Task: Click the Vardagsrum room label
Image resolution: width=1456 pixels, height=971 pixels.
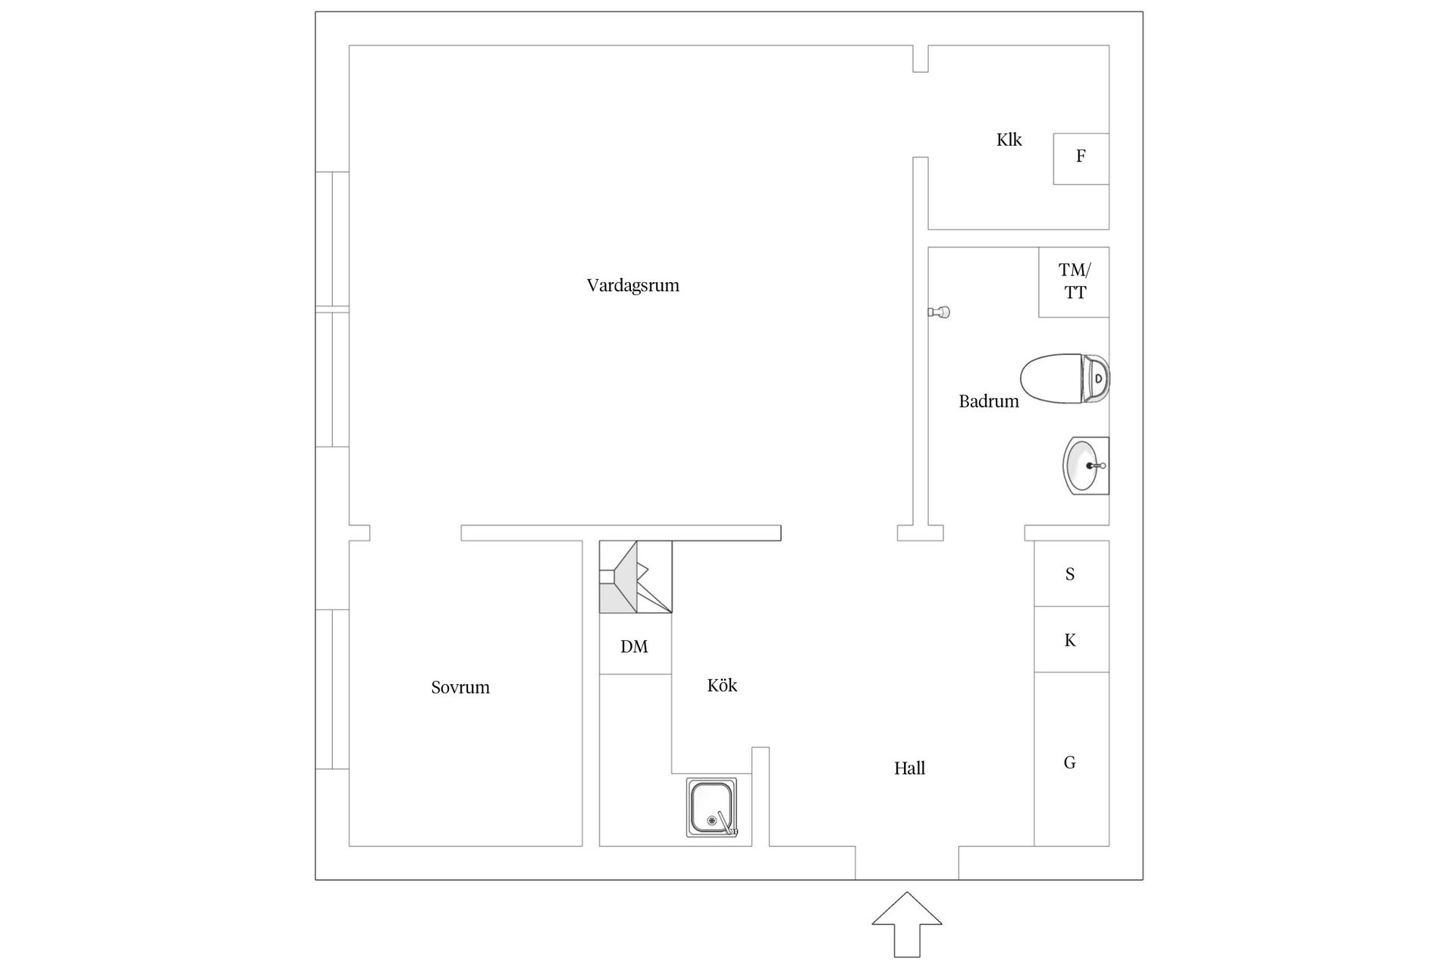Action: [632, 286]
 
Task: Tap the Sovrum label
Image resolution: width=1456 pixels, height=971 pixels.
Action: [460, 687]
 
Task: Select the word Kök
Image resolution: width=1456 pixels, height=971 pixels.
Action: [722, 686]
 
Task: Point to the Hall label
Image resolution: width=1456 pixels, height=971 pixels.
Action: [909, 768]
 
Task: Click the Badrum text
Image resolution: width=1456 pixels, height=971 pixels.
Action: [988, 401]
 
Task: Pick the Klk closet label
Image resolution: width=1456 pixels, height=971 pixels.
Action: [1009, 140]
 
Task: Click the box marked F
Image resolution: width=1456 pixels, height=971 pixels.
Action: [1081, 159]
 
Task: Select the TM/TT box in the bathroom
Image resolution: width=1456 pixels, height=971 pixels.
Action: [1074, 281]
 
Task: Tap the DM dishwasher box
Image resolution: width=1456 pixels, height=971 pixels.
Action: [635, 646]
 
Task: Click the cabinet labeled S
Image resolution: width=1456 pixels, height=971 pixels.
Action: [1071, 573]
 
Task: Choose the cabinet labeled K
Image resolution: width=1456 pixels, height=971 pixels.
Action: [1071, 639]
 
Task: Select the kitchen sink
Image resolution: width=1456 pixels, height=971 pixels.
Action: [711, 808]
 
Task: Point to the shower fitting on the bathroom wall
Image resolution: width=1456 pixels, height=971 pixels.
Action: [940, 312]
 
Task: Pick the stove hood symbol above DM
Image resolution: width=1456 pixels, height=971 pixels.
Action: [635, 577]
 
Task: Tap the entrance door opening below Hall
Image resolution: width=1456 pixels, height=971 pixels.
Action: [906, 863]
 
